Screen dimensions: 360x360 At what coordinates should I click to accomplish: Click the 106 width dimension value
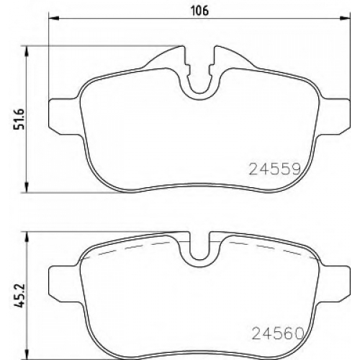[x=199, y=11]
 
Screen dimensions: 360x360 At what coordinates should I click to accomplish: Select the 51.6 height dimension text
[x=20, y=120]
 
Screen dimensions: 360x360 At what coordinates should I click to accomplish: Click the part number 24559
[x=275, y=168]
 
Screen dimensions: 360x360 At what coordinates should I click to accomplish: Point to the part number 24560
[x=277, y=333]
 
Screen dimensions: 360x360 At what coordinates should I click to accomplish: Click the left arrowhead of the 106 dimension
[x=54, y=18]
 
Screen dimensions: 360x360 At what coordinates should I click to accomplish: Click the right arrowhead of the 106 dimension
[x=345, y=18]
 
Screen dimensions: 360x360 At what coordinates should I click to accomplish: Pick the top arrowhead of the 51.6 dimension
[x=27, y=51]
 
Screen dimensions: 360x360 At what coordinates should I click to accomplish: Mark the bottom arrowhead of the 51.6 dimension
[x=27, y=187]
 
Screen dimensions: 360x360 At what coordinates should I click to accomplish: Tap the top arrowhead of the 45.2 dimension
[x=27, y=237]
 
